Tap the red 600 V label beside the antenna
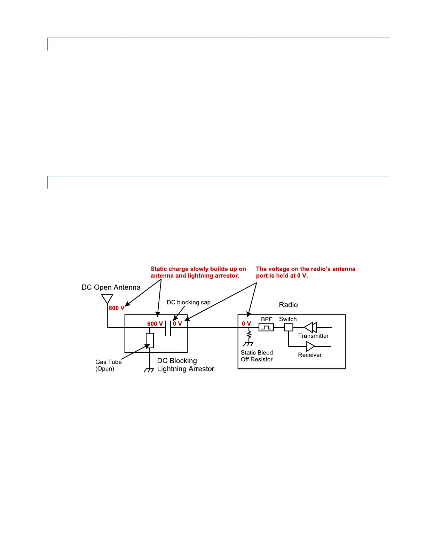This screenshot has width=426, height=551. (117, 308)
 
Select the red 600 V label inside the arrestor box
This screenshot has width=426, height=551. (155, 324)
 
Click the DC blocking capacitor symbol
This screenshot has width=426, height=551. (168, 328)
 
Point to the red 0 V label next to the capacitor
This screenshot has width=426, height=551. (177, 324)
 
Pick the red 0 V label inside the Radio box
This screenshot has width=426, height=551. (246, 324)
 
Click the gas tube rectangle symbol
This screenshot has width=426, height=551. (150, 341)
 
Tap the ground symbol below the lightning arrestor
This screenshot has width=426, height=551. (149, 370)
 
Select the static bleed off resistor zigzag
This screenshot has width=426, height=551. (249, 334)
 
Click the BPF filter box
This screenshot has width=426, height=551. (266, 327)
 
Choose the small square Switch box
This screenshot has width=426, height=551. (289, 327)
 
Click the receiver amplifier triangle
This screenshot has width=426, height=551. (310, 346)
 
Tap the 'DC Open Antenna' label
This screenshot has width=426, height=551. (111, 287)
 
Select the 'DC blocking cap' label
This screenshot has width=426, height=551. (189, 302)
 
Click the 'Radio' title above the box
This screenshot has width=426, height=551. (288, 305)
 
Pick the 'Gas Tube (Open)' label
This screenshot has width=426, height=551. (108, 365)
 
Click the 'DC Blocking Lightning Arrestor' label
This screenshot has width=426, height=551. (186, 365)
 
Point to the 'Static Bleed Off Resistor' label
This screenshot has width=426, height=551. (257, 356)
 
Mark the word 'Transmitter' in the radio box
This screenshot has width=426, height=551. (313, 336)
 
